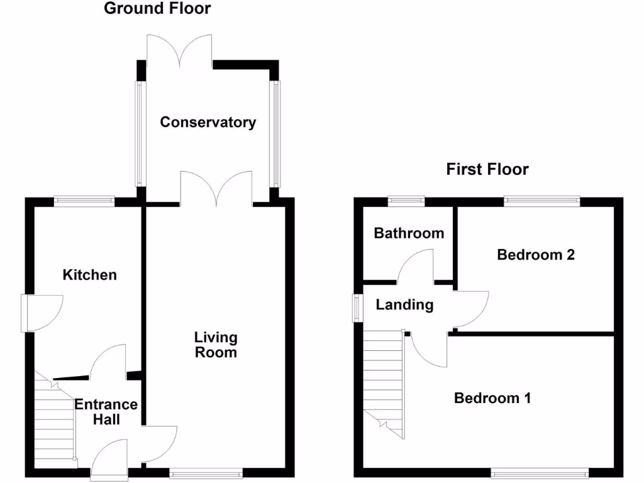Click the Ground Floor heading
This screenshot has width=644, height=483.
[157, 9]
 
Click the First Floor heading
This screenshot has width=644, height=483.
[487, 169]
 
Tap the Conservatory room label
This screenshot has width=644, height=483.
[208, 122]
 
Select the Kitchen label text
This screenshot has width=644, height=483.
[90, 275]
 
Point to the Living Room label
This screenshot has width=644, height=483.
[216, 345]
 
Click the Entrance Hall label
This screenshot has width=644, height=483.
[106, 412]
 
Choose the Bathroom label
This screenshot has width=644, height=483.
[409, 233]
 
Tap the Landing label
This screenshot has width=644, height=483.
[404, 305]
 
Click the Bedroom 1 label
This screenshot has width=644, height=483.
[492, 398]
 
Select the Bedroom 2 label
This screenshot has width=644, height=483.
[536, 255]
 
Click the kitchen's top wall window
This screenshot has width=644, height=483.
[84, 202]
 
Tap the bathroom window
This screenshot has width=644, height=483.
[406, 202]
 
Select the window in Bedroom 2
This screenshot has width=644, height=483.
[541, 202]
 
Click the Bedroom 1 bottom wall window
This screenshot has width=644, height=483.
[540, 472]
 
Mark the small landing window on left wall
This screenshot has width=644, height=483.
[357, 308]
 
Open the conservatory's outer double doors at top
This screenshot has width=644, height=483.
[180, 50]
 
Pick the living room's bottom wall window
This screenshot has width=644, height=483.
[206, 472]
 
